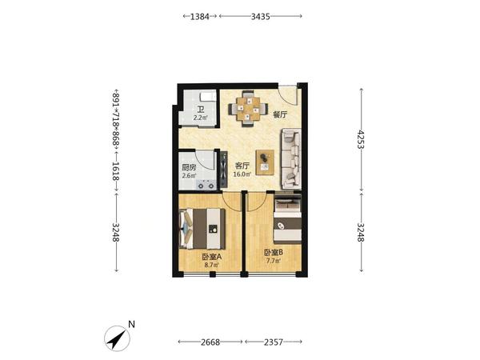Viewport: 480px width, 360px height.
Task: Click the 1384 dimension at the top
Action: click(199, 16)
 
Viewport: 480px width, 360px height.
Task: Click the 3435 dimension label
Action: click(261, 16)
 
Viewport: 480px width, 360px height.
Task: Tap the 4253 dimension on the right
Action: click(362, 139)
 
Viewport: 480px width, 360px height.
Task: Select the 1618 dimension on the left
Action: click(115, 171)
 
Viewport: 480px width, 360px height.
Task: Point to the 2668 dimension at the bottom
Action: click(210, 342)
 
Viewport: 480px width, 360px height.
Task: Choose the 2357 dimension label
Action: click(274, 342)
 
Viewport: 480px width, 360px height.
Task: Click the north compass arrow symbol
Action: click(118, 339)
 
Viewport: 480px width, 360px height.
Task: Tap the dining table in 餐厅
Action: click(248, 109)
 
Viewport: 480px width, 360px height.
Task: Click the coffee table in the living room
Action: click(265, 162)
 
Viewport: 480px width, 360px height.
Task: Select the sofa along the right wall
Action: click(291, 159)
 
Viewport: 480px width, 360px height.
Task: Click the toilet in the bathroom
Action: click(208, 97)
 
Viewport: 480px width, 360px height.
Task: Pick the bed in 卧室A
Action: click(202, 228)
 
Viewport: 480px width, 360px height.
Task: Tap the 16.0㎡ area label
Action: click(242, 174)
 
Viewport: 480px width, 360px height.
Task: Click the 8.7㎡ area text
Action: click(211, 265)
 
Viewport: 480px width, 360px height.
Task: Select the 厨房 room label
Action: click(189, 167)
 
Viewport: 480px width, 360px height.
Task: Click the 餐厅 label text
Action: click(280, 114)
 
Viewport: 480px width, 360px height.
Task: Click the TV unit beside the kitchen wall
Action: click(224, 170)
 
